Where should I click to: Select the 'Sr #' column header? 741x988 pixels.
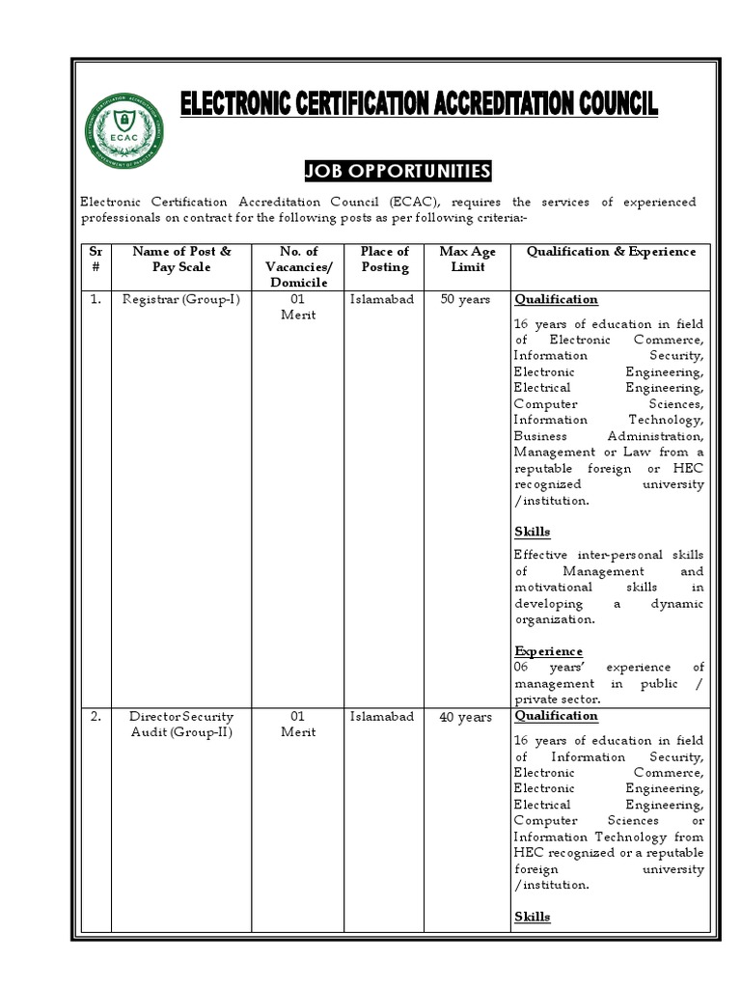(96, 259)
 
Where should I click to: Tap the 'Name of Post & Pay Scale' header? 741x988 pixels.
(181, 259)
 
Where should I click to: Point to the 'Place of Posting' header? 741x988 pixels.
(384, 259)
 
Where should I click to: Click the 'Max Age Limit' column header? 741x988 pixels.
(467, 259)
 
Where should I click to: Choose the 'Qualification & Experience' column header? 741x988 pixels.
(611, 252)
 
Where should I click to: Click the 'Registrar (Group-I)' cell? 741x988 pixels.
(181, 300)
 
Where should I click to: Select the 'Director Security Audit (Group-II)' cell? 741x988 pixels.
(181, 725)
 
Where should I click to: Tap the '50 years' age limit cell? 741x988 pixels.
(465, 300)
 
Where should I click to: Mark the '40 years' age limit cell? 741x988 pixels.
(465, 717)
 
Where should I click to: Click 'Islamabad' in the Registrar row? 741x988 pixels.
(381, 300)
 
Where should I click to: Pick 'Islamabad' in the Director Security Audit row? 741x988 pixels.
(381, 717)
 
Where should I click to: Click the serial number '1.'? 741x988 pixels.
(96, 300)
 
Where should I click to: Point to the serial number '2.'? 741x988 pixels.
(96, 717)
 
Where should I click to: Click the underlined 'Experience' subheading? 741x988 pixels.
(548, 651)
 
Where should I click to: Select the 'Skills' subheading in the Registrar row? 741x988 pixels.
(532, 532)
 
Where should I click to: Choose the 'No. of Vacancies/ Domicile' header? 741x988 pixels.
(298, 266)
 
